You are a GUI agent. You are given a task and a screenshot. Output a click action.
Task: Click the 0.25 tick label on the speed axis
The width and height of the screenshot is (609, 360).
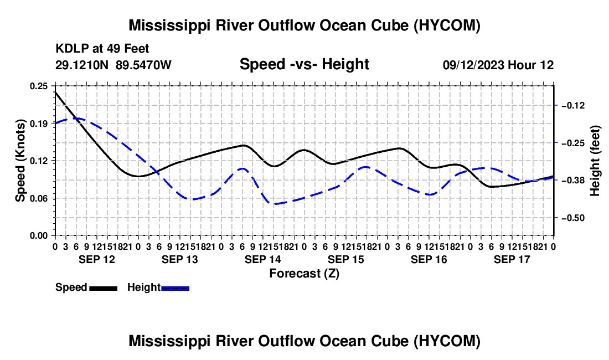[x=38, y=86]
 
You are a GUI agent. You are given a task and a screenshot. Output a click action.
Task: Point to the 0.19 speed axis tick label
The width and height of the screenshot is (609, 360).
[x=38, y=124]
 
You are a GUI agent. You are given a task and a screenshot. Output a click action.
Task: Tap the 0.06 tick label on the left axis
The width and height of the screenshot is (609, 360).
[x=38, y=198]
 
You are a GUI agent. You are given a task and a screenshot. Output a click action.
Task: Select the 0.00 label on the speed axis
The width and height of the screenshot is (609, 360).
[x=38, y=236]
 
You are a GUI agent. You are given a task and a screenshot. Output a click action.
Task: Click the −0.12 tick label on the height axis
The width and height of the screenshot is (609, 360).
[x=573, y=106]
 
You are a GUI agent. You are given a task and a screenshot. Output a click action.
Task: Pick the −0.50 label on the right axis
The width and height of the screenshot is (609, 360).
[x=573, y=218]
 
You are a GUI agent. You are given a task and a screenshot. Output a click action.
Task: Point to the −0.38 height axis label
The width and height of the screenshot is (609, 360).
[x=573, y=180]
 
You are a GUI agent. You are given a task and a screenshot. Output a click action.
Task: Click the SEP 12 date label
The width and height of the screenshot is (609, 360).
[x=97, y=259]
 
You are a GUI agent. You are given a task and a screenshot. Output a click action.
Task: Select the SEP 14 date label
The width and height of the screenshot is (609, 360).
[x=262, y=259]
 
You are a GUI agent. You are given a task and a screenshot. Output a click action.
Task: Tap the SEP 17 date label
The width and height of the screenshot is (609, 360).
[x=512, y=259]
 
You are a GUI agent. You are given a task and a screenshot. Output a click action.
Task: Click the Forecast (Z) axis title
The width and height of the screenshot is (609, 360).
[x=304, y=274]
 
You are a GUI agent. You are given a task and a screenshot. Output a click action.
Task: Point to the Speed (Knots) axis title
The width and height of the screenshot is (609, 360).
[x=20, y=161]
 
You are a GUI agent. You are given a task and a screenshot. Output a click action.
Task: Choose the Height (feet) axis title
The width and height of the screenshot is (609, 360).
[x=595, y=161]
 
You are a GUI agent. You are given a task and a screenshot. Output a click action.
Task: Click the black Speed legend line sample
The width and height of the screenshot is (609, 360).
[x=104, y=289]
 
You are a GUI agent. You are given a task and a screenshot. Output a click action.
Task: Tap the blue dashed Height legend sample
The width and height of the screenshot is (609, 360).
[x=175, y=289]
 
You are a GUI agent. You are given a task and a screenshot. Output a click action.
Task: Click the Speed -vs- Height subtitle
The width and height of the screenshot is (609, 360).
[x=304, y=64]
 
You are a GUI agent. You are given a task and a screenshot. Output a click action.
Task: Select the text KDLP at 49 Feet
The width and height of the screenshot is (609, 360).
[x=102, y=49]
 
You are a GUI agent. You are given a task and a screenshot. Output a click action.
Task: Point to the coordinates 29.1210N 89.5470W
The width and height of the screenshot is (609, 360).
[x=113, y=65]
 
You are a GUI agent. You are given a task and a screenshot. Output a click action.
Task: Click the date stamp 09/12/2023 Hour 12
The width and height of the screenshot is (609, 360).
[x=498, y=65]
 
